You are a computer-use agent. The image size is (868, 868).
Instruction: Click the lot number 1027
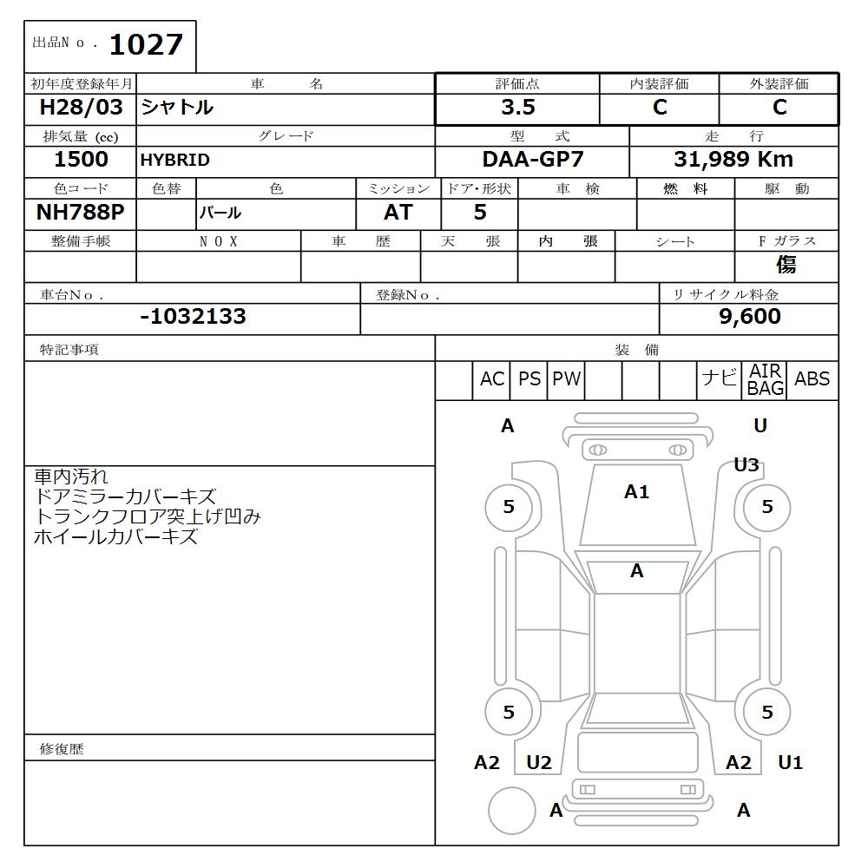(x=146, y=44)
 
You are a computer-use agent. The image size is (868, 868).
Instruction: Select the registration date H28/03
(x=81, y=108)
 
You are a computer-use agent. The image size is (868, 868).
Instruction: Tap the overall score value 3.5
(x=518, y=108)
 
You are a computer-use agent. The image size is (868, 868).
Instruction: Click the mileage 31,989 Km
(x=733, y=160)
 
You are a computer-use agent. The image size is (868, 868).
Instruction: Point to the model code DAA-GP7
(x=533, y=160)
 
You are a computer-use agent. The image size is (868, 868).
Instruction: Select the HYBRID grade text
(x=175, y=161)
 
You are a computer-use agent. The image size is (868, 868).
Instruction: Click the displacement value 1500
(x=81, y=160)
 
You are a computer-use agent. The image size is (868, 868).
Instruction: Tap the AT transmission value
(x=398, y=213)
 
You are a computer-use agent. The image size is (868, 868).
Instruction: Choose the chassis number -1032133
(x=193, y=317)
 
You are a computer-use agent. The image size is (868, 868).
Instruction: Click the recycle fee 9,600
(x=750, y=317)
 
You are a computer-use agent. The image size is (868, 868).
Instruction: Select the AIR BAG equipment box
(x=765, y=380)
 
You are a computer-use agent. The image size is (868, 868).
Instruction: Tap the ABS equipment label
(x=812, y=379)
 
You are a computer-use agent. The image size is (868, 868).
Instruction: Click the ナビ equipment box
(x=719, y=378)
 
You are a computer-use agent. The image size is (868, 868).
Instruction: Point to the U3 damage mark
(x=746, y=465)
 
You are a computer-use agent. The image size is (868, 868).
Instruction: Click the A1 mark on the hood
(x=636, y=492)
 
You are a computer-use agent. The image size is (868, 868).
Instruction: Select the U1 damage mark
(x=790, y=763)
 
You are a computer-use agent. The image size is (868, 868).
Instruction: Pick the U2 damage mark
(x=539, y=763)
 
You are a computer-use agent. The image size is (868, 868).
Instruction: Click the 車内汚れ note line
(x=71, y=477)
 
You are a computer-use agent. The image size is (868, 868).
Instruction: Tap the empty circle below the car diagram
(x=511, y=812)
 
